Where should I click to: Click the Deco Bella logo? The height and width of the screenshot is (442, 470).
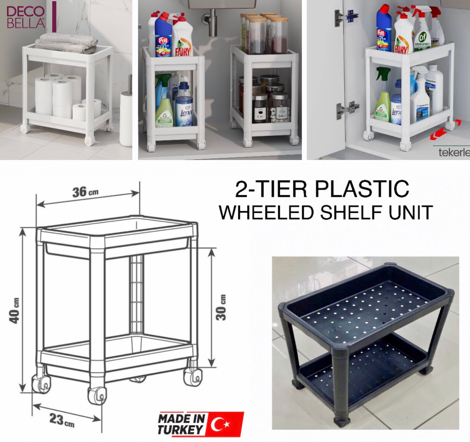click(x=26, y=17)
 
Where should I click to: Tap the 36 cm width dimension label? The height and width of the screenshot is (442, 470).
click(x=85, y=191)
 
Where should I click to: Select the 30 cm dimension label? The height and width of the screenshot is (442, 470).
click(x=221, y=308)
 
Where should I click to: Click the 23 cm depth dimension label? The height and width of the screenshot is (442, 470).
click(x=61, y=420)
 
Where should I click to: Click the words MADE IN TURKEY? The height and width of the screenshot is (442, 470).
click(x=181, y=424)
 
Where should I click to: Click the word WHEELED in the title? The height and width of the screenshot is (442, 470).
click(x=266, y=212)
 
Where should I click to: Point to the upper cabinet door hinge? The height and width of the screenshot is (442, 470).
click(x=346, y=16)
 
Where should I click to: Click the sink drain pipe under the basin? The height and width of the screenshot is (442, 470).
click(x=212, y=22)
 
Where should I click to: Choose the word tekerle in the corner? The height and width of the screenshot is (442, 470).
click(x=454, y=152)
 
